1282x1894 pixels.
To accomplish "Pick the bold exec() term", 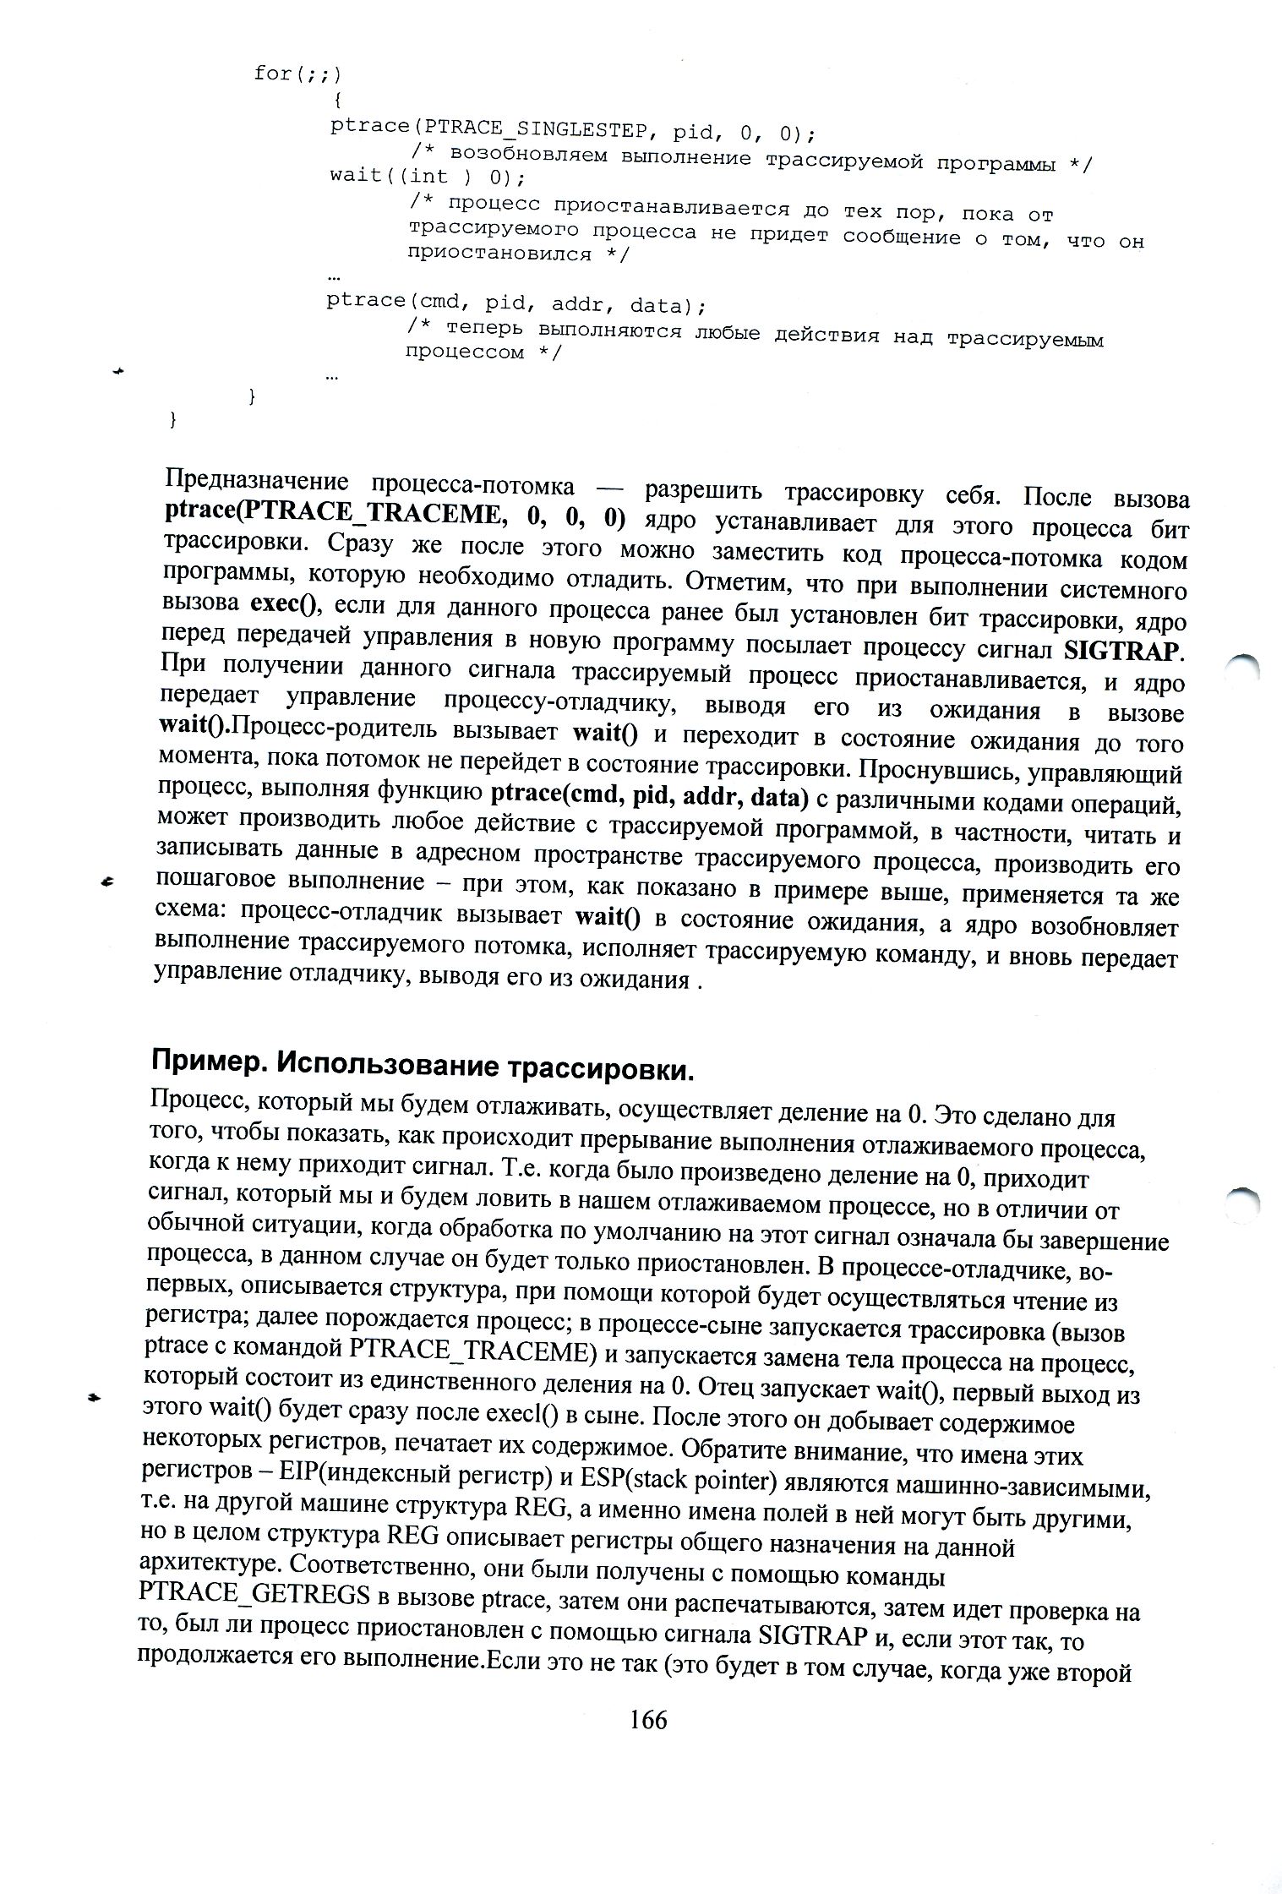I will [281, 604].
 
